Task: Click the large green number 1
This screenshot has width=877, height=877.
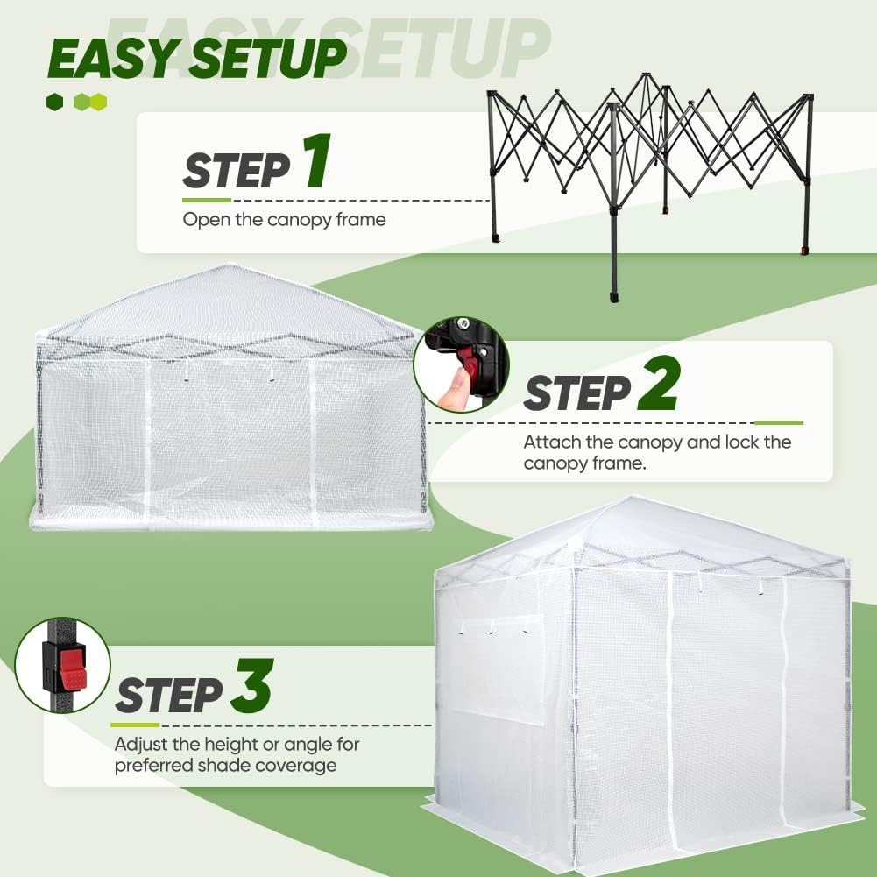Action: coord(316,163)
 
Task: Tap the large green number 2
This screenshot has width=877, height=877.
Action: coord(657,387)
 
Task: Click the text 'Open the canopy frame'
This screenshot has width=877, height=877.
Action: coord(284,219)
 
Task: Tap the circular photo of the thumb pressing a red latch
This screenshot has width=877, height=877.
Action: coord(461,364)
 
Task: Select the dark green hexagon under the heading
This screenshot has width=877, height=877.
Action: coord(55,103)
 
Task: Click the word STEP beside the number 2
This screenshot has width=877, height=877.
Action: coord(576,393)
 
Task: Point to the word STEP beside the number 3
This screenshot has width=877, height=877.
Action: coord(168,695)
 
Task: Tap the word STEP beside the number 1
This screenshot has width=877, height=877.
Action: coord(236,170)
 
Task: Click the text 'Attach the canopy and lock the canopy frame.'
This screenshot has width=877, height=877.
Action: coord(657,452)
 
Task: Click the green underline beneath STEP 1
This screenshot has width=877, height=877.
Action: coord(206,201)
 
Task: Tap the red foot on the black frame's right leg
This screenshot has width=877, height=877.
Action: coord(804,251)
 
